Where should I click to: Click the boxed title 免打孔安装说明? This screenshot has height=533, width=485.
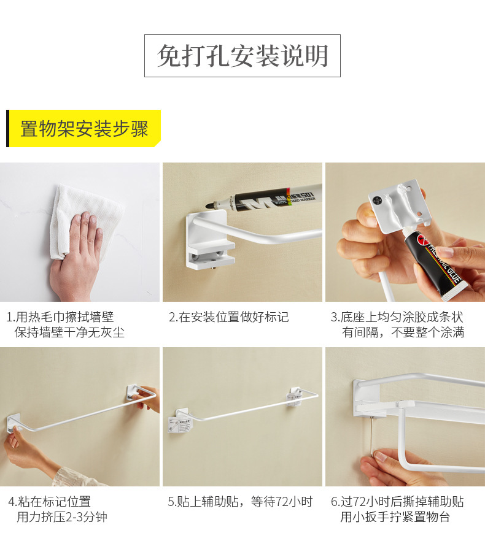(243, 56)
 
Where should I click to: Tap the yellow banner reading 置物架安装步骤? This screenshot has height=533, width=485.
(84, 129)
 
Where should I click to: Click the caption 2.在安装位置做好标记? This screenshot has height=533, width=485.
(228, 317)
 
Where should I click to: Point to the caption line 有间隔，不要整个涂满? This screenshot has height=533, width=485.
(403, 332)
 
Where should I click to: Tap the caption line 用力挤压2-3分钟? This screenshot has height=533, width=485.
(61, 517)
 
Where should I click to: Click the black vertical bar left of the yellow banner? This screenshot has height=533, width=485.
(8, 129)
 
